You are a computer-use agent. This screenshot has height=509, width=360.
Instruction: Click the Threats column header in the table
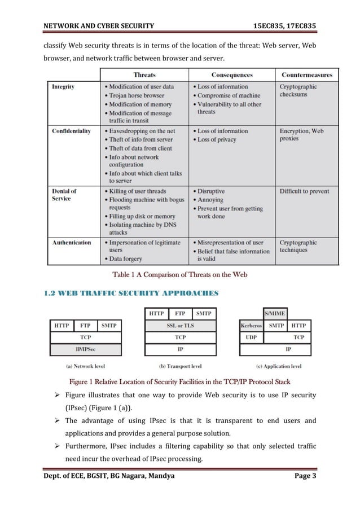coord(144,75)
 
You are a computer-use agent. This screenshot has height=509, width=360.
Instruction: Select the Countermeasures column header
coord(306,75)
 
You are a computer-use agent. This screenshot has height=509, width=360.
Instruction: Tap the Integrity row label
coord(63,87)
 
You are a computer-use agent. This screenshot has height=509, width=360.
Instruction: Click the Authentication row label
coord(72,243)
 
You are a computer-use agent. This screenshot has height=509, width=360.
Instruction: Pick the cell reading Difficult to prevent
coord(304,191)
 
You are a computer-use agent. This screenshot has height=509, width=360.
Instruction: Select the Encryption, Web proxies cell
coord(302,134)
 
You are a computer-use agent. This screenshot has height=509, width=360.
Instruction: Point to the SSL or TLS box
coord(181,326)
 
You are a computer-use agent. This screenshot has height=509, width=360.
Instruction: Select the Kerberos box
coord(251,326)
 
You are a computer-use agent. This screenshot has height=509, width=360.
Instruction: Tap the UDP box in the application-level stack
coord(251,337)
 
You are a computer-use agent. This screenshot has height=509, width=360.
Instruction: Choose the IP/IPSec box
coord(85,349)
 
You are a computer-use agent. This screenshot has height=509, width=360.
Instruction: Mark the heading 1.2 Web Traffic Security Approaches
coord(130,293)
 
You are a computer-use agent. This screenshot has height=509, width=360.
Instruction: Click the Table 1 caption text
coord(180,275)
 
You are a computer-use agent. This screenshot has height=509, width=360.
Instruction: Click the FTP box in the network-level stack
coord(85,326)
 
